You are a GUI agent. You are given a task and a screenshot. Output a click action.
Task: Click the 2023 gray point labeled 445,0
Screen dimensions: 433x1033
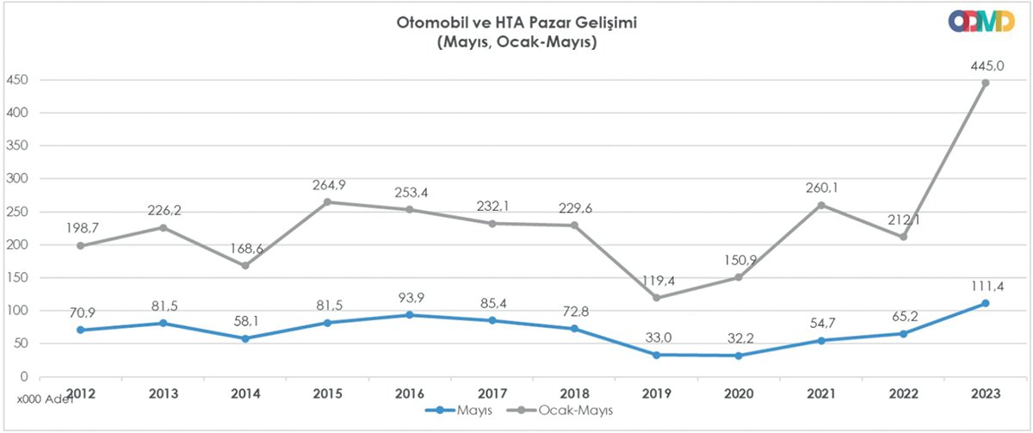986,83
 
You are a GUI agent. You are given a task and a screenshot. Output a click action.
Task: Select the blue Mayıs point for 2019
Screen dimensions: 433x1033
657,355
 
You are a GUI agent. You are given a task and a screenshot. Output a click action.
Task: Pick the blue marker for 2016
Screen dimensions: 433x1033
410,315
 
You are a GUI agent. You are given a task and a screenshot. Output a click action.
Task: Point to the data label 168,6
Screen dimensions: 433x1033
245,248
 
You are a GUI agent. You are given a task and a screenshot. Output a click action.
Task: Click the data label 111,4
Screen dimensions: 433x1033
986,285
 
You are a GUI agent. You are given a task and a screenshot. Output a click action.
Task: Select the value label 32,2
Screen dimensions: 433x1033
739,337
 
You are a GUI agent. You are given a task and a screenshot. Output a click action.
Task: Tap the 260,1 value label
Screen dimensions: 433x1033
821,188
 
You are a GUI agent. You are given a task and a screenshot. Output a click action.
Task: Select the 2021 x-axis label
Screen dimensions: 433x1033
821,393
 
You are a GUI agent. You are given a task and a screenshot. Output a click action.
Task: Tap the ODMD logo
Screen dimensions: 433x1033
981,22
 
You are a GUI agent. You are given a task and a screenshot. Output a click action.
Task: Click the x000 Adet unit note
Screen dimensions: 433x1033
41,400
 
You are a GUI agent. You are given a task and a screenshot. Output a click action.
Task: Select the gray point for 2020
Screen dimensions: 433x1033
739,277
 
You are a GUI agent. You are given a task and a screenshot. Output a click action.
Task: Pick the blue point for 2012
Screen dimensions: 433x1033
81,330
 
